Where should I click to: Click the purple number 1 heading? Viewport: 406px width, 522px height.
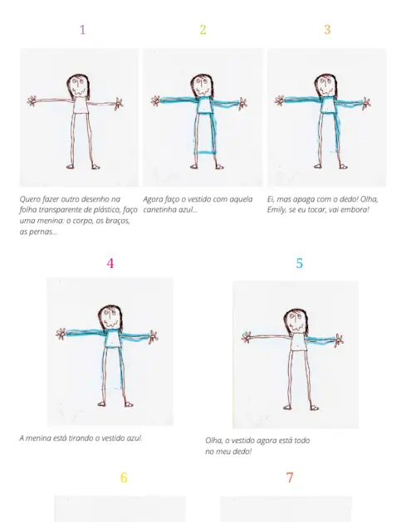click(x=82, y=30)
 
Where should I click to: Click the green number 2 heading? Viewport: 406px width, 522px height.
click(x=203, y=30)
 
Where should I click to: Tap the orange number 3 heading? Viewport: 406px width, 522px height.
click(x=327, y=30)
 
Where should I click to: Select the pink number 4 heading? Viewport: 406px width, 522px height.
click(x=110, y=263)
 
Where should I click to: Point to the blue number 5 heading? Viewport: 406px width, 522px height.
click(x=299, y=263)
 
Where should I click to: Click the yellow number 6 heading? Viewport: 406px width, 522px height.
click(x=124, y=478)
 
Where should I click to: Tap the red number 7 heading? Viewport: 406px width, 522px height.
click(x=290, y=478)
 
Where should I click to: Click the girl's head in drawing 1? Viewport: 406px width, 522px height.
click(x=78, y=85)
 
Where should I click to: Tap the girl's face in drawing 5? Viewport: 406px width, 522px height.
click(x=296, y=321)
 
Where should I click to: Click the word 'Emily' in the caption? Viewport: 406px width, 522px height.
click(x=275, y=210)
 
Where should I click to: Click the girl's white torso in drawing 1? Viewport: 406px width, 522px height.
click(x=80, y=106)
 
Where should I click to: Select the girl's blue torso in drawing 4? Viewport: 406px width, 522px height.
click(x=113, y=339)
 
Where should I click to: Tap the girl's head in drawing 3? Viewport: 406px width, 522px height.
click(x=326, y=85)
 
